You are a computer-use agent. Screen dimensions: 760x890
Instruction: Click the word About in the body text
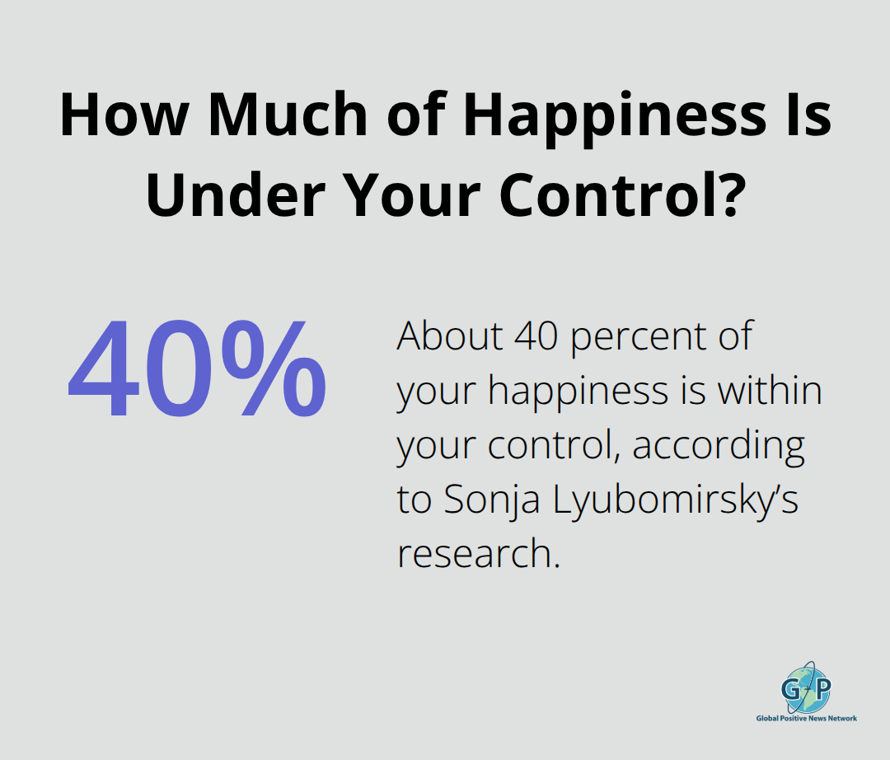pos(446,338)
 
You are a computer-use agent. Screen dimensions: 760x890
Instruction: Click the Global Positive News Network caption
pos(806,718)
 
